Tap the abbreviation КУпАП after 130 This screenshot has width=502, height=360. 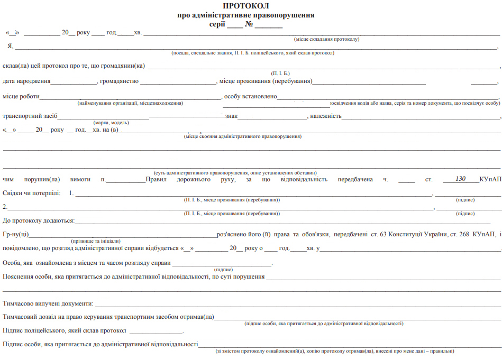pyautogui.click(x=490, y=179)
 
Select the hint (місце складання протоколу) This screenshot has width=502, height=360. pyautogui.click(x=326, y=40)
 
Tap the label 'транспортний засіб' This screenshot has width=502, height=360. pyautogui.click(x=30, y=116)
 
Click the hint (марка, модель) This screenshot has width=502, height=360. pyautogui.click(x=111, y=123)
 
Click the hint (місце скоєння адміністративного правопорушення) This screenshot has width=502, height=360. pyautogui.click(x=242, y=136)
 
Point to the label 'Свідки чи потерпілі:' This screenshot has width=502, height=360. pyautogui.click(x=31, y=193)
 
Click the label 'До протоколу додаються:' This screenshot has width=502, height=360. pyautogui.click(x=39, y=220)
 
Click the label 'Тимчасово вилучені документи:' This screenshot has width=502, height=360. pyautogui.click(x=48, y=303)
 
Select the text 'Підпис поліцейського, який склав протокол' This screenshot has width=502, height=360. pyautogui.click(x=65, y=331)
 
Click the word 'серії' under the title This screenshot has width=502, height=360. pyautogui.click(x=218, y=24)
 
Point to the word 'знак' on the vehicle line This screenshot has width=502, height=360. pyautogui.click(x=231, y=116)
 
